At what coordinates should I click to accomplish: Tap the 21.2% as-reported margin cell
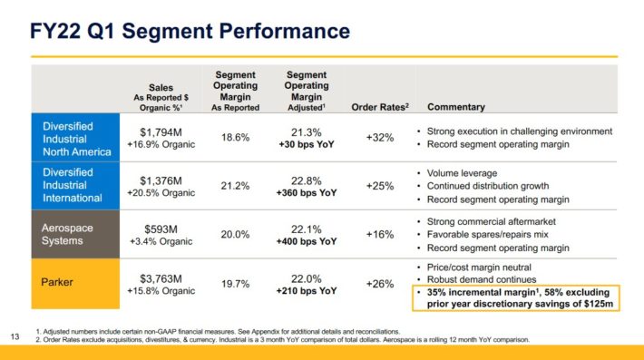[235, 186]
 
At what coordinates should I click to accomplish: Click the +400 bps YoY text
[306, 242]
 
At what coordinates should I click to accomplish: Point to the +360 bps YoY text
[306, 193]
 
